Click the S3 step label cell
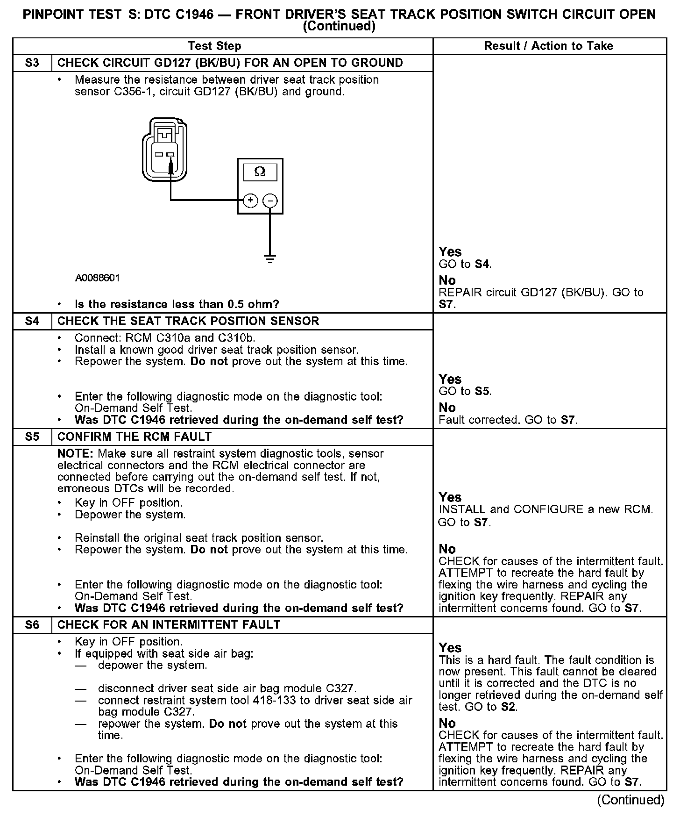(x=32, y=63)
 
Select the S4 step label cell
(x=32, y=321)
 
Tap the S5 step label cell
(x=32, y=437)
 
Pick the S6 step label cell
(x=32, y=625)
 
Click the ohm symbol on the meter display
(x=260, y=172)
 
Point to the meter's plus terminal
(x=251, y=201)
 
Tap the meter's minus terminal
(x=270, y=201)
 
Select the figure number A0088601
(x=97, y=278)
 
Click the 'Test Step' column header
(x=214, y=46)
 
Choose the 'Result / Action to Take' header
(x=548, y=46)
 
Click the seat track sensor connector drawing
(x=164, y=150)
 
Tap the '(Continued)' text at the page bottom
(x=630, y=800)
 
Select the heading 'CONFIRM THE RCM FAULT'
(x=135, y=437)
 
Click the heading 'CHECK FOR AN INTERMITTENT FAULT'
(x=169, y=625)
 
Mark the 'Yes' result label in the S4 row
(x=450, y=379)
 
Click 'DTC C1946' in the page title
(x=179, y=14)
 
